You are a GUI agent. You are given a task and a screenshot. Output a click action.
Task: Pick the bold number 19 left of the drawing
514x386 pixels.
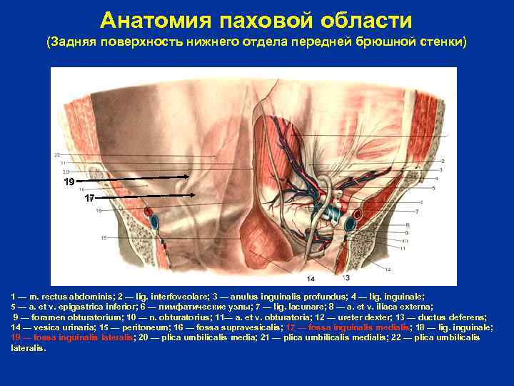[x=69, y=182]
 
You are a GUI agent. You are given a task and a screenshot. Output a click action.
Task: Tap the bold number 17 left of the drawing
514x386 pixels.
[x=89, y=197]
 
